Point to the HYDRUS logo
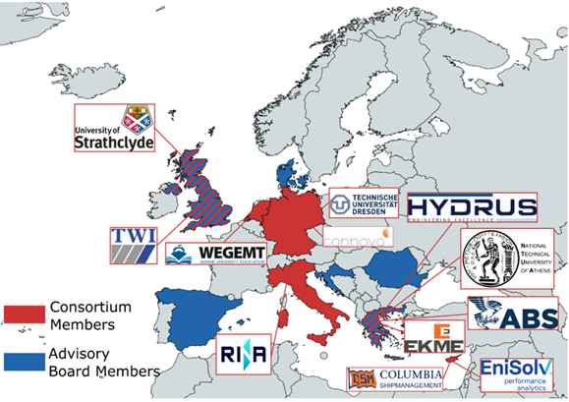click(473, 207)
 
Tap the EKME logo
click(434, 340)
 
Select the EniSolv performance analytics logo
click(516, 374)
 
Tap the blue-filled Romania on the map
click(393, 265)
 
